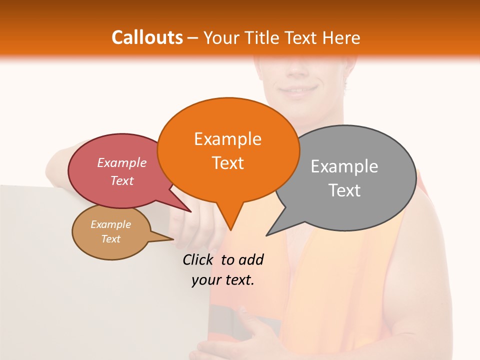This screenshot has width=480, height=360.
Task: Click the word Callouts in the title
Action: pos(147,37)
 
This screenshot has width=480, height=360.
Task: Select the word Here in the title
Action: pos(341,37)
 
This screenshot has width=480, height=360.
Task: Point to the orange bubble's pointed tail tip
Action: pos(230,229)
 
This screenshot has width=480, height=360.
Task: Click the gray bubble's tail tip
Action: pos(267,235)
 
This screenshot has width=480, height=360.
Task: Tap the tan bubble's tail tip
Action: pos(173,239)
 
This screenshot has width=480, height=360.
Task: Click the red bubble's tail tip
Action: pos(190,212)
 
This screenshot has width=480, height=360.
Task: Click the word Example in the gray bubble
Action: pos(344,166)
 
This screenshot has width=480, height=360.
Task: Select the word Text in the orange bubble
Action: pos(228,163)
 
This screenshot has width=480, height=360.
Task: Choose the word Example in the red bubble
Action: pos(122,162)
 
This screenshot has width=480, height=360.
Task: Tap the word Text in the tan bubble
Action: pos(111,239)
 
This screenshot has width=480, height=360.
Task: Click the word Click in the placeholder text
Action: pos(198,259)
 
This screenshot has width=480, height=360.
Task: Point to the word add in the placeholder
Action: pos(251,259)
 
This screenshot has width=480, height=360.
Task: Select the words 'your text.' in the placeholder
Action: pos(223,280)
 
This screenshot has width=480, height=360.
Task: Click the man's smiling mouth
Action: pos(298,91)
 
